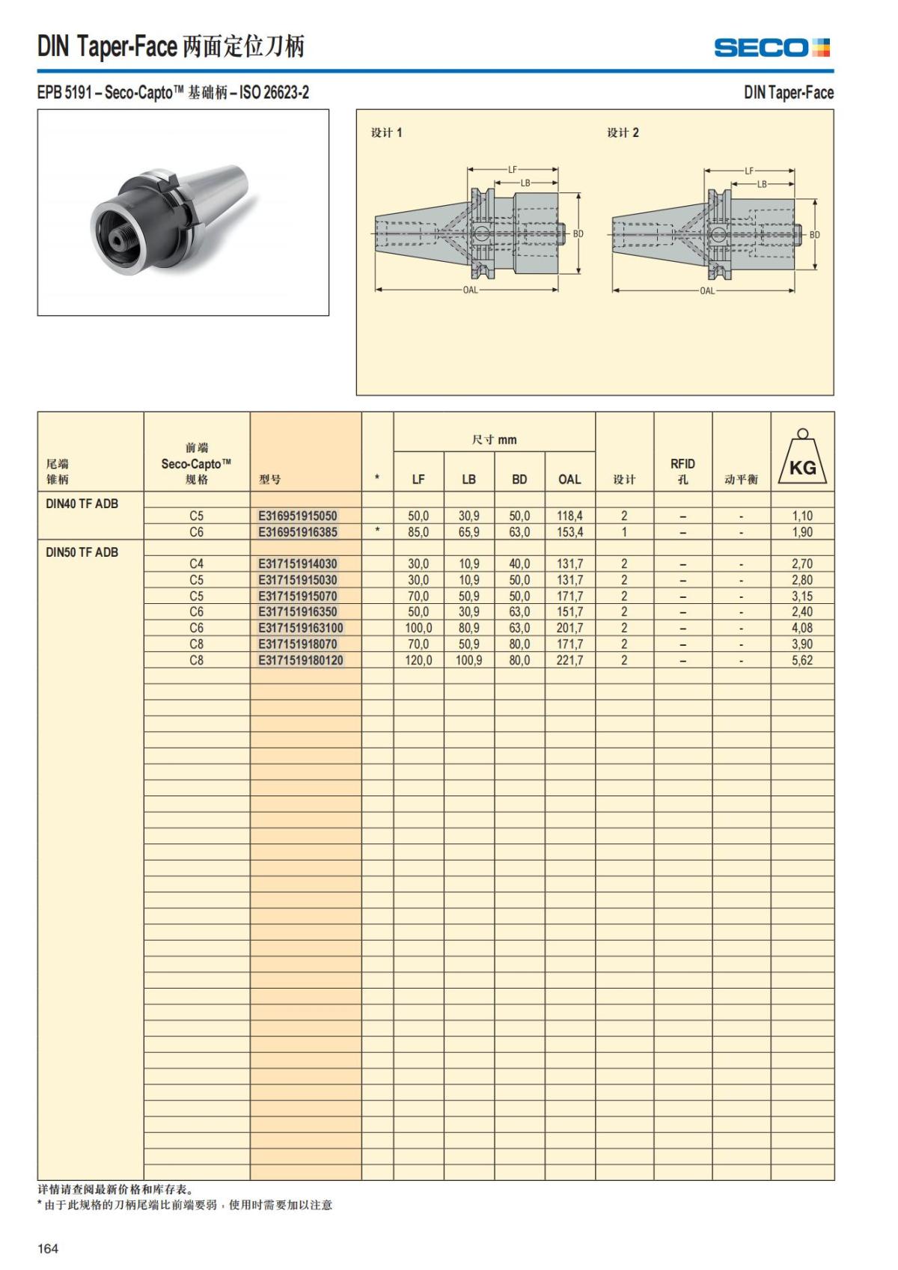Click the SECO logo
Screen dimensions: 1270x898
click(772, 48)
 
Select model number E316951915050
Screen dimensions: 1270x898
click(298, 516)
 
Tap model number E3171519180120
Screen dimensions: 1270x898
click(301, 660)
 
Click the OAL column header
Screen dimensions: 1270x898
click(569, 479)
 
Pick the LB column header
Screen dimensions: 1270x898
click(468, 479)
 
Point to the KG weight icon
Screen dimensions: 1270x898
click(802, 459)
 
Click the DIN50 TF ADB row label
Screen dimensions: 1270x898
click(82, 552)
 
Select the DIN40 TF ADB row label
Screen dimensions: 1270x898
click(82, 504)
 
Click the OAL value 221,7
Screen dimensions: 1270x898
click(569, 660)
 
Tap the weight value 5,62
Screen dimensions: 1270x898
click(802, 660)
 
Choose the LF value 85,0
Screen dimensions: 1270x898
click(418, 532)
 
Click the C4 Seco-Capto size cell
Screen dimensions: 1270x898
click(196, 564)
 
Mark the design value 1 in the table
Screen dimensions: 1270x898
click(624, 532)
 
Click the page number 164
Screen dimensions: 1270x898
click(48, 1248)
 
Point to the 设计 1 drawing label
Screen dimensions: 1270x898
click(387, 132)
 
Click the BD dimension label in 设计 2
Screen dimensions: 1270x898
click(814, 234)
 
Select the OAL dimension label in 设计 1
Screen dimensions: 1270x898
click(470, 290)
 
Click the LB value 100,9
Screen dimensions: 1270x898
click(468, 660)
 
